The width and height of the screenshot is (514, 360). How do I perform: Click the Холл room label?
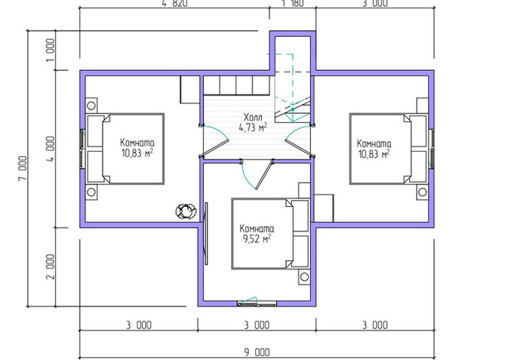[x=253, y=117]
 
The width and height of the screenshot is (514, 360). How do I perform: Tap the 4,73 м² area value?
[x=253, y=128]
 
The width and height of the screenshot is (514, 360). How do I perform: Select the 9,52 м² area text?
[x=257, y=238]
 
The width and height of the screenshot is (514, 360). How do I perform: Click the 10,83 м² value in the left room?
[x=137, y=152]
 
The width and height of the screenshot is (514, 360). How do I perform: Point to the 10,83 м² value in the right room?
[x=374, y=154]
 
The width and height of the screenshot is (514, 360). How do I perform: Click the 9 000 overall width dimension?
[x=257, y=352]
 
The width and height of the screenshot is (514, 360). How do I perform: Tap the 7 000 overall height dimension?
[x=23, y=168]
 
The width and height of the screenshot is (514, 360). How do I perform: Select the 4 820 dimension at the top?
[x=174, y=3]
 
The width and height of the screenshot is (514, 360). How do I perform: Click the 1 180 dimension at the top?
[x=292, y=3]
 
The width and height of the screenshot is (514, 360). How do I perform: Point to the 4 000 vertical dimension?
[x=51, y=149]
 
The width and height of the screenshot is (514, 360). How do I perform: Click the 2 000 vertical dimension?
[x=51, y=266]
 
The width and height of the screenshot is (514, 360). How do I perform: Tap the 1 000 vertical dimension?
[x=51, y=50]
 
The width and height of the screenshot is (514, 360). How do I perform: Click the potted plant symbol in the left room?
[x=186, y=211]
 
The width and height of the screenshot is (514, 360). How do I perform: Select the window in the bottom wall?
[x=257, y=303]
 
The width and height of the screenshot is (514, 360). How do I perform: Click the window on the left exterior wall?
[x=82, y=149]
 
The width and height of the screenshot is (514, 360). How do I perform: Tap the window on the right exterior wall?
[x=432, y=149]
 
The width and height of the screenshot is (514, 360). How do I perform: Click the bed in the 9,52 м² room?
[x=270, y=233]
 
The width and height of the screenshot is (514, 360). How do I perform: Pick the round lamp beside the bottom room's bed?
[x=304, y=277]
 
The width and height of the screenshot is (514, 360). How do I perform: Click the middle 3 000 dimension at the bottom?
[x=257, y=325]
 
